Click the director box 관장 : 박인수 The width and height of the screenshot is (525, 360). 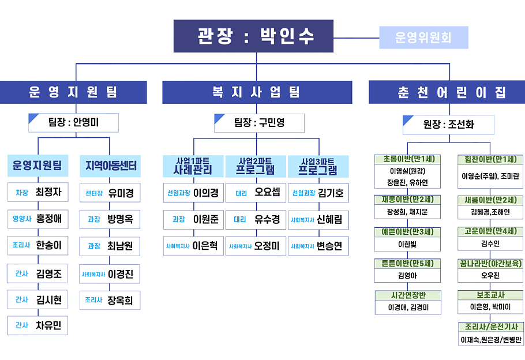click(253, 36)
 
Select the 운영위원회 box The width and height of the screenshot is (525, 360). click(423, 37)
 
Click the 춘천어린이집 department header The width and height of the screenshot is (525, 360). click(447, 92)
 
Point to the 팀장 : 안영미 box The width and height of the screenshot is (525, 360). click(73, 122)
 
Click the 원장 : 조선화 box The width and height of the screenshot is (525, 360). click(448, 124)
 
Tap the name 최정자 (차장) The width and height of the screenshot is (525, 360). click(48, 192)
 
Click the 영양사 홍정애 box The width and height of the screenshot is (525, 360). click(38, 219)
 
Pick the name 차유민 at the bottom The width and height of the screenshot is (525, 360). click(48, 325)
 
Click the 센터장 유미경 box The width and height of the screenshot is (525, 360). click(110, 193)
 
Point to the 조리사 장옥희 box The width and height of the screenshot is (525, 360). click(110, 300)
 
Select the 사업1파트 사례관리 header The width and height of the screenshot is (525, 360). click(193, 166)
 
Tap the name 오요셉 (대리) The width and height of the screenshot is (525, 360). click(267, 193)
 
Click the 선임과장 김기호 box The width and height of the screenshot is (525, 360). click(318, 193)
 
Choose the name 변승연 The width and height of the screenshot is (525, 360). click(329, 246)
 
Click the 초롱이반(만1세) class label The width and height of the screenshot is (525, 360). click(408, 159)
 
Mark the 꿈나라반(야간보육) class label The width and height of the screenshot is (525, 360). click(490, 263)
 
